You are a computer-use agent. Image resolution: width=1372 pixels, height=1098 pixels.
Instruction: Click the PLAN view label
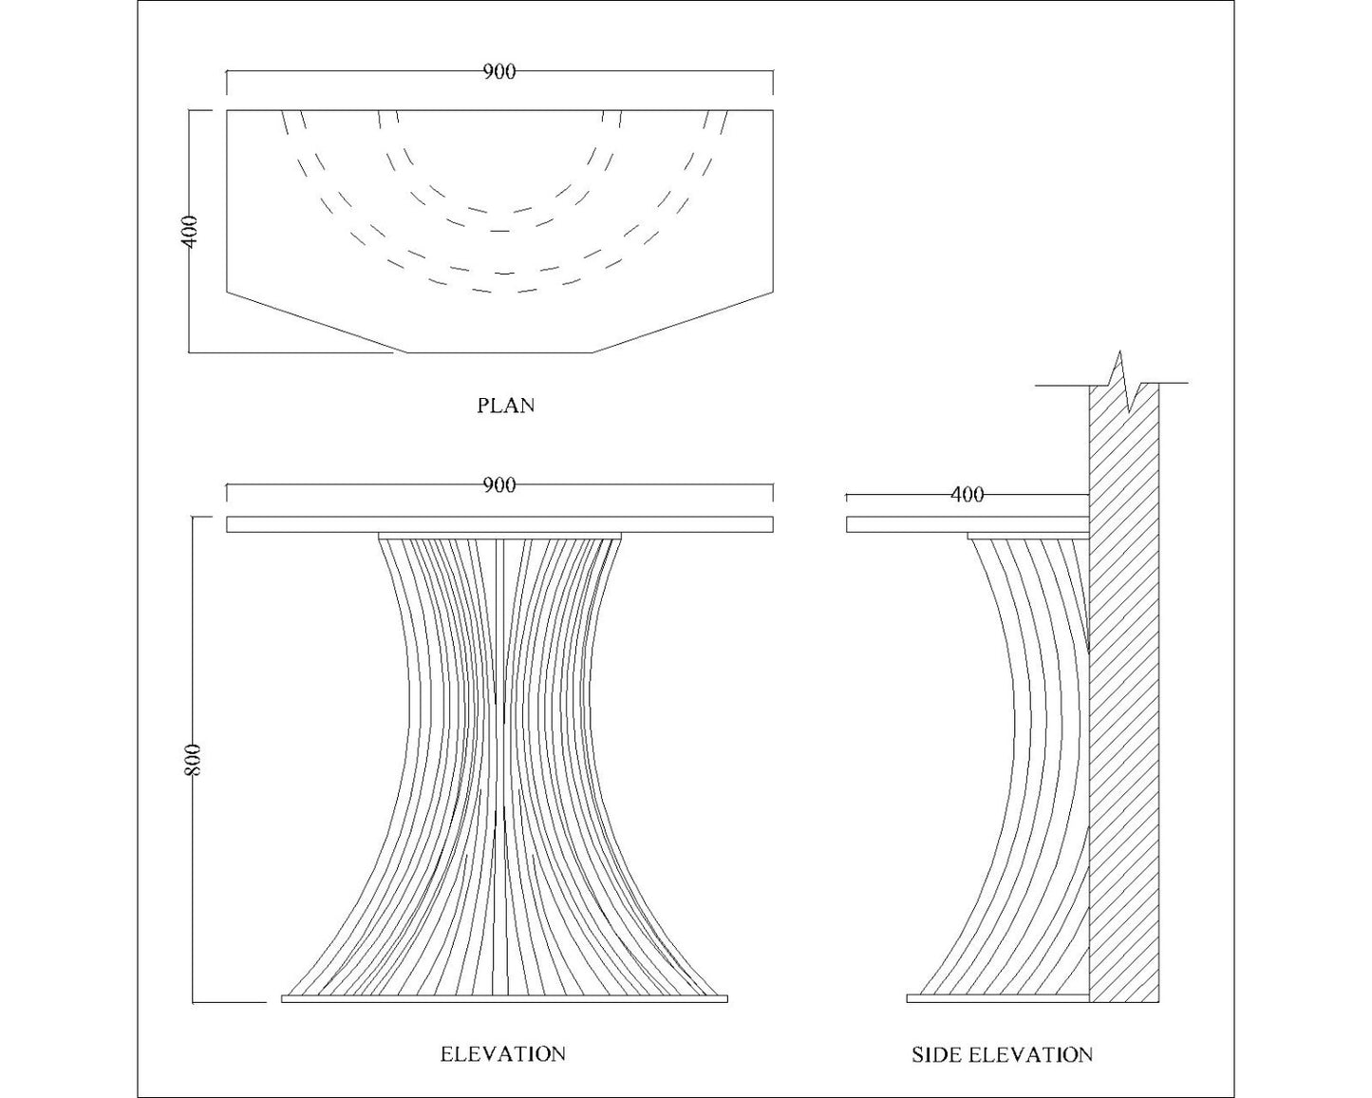click(x=505, y=406)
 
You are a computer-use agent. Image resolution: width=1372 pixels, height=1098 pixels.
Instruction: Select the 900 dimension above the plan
click(x=499, y=72)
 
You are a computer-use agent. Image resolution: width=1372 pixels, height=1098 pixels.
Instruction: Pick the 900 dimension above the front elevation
click(x=499, y=485)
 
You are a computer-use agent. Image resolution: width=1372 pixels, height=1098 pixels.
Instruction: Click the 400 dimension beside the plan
click(x=190, y=232)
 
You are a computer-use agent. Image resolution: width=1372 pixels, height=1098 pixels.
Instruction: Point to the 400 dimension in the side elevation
click(x=967, y=495)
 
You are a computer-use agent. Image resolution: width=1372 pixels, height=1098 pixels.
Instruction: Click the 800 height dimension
click(x=194, y=759)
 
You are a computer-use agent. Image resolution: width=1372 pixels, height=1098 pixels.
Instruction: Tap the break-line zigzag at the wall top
click(x=1124, y=379)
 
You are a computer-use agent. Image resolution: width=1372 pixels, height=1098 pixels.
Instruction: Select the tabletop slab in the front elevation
click(x=499, y=524)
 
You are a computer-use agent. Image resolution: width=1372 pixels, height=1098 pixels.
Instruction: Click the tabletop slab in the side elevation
click(x=967, y=524)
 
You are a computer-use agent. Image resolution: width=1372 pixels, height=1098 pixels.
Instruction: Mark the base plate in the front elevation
click(x=504, y=998)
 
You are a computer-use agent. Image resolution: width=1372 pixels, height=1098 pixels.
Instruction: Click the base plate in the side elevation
click(x=997, y=998)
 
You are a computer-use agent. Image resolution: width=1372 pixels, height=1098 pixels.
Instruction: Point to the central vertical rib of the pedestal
click(x=500, y=760)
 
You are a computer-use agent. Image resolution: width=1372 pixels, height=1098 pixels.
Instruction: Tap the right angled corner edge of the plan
click(x=683, y=322)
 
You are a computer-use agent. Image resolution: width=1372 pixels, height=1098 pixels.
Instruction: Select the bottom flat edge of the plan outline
click(x=500, y=352)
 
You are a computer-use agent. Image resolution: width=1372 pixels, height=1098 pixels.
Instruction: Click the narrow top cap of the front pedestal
click(x=500, y=536)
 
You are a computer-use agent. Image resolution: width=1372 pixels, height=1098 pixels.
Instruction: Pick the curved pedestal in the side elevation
click(x=1035, y=760)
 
